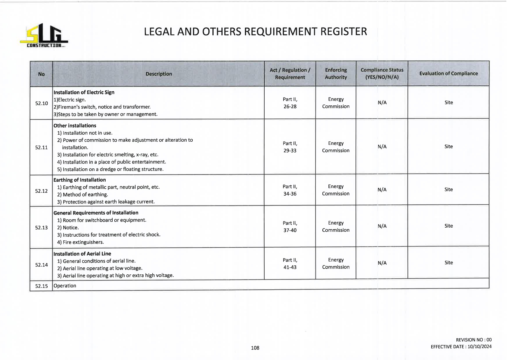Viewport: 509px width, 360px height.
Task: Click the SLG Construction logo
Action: pyautogui.click(x=44, y=35)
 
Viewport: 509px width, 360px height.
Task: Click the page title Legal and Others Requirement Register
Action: pyautogui.click(x=255, y=31)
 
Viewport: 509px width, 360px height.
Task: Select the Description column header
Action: pyautogui.click(x=159, y=74)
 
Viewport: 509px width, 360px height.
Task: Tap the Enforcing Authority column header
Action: pyautogui.click(x=336, y=73)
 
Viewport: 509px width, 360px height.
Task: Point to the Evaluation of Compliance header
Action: pyautogui.click(x=448, y=73)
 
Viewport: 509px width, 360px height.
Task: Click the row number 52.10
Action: pyautogui.click(x=41, y=103)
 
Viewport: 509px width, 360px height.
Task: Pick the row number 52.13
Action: pyautogui.click(x=41, y=227)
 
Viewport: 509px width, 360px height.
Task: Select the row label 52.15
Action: pyautogui.click(x=41, y=286)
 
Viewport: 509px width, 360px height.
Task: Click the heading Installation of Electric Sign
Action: pyautogui.click(x=84, y=92)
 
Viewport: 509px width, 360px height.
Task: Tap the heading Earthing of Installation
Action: pyautogui.click(x=80, y=180)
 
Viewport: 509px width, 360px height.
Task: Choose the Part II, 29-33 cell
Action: pyautogui.click(x=290, y=147)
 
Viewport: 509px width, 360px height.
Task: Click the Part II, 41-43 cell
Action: pyautogui.click(x=290, y=264)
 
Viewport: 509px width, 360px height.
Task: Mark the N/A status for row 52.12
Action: pyautogui.click(x=382, y=190)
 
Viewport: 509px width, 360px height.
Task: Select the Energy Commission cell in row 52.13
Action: pyautogui.click(x=336, y=226)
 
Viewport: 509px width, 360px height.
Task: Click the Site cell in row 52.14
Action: pyautogui.click(x=448, y=262)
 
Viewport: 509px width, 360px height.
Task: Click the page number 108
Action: pyautogui.click(x=255, y=348)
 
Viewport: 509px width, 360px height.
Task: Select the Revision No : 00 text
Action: pyautogui.click(x=474, y=340)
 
